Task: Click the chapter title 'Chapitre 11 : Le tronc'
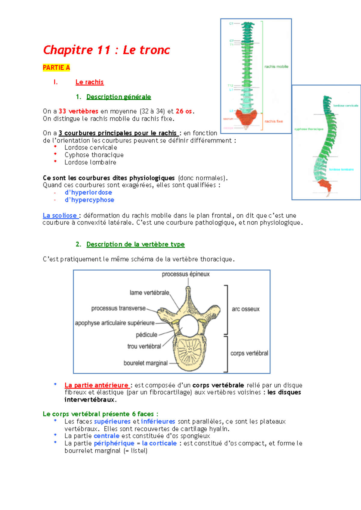point(106,50)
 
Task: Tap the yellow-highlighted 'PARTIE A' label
point(56,68)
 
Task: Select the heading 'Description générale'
point(119,97)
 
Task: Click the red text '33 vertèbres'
point(78,111)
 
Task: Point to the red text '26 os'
point(184,111)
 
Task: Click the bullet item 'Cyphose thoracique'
point(94,155)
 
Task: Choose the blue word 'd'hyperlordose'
point(88,193)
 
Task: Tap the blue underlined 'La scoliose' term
point(60,215)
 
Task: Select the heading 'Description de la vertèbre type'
point(135,244)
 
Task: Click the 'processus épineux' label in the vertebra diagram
point(186,274)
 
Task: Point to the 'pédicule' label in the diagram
point(147,335)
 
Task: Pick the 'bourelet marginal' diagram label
point(146,363)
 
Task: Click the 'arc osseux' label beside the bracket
point(245,309)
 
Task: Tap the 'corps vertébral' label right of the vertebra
point(249,353)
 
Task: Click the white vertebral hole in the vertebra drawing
point(189,326)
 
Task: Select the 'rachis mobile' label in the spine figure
point(276,67)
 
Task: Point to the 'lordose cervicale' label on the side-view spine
point(346,106)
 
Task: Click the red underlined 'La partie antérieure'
point(97,385)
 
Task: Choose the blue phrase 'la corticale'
point(159,443)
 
